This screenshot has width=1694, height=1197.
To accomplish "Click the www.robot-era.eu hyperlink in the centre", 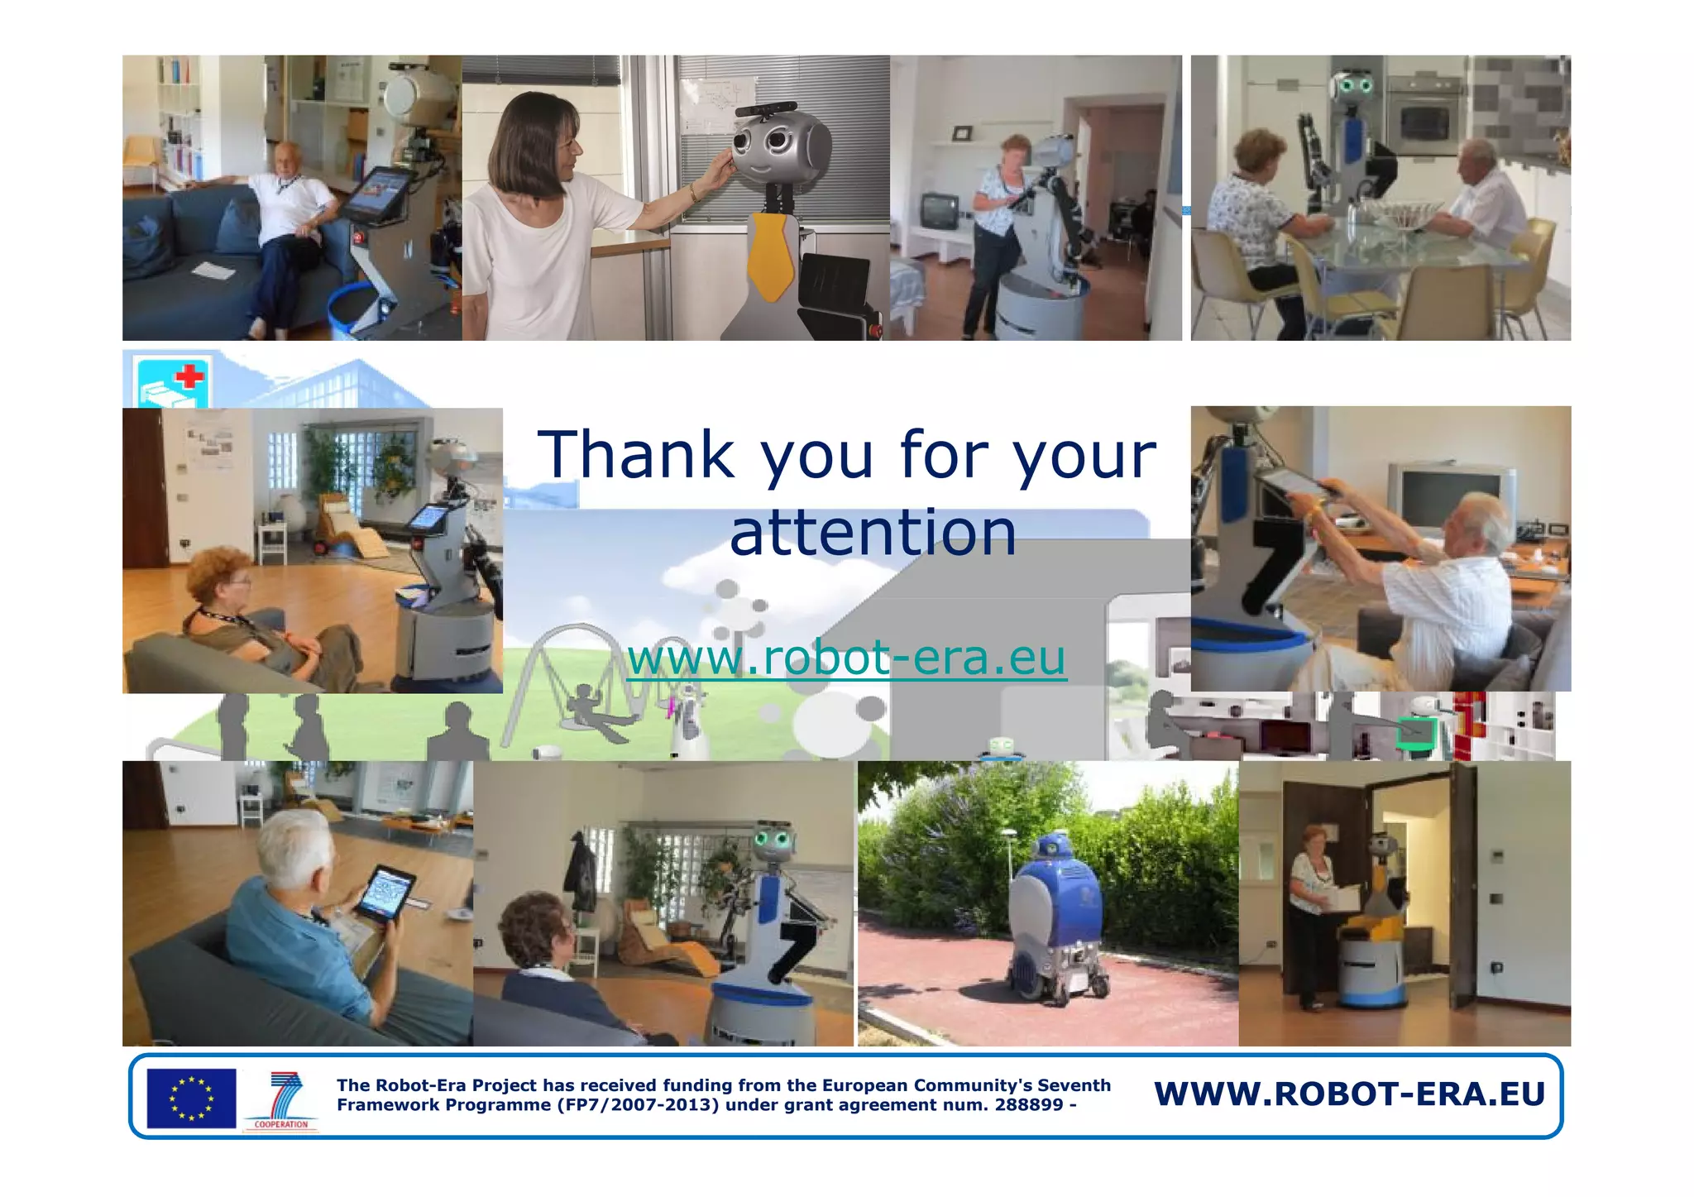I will pos(846,658).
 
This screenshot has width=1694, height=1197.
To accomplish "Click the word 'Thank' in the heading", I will pos(635,455).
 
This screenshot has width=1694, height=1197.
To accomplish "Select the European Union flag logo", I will pos(191,1098).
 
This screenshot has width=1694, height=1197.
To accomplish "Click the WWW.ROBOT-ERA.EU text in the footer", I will pos(1349,1094).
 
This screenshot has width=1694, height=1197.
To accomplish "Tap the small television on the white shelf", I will pos(939,210).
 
